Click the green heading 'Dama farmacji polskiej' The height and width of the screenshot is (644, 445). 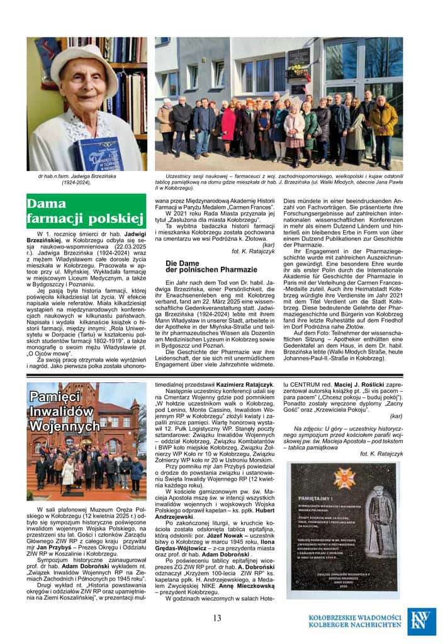(86, 211)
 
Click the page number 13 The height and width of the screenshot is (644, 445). (217, 618)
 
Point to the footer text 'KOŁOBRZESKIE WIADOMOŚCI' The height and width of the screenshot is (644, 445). (355, 617)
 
